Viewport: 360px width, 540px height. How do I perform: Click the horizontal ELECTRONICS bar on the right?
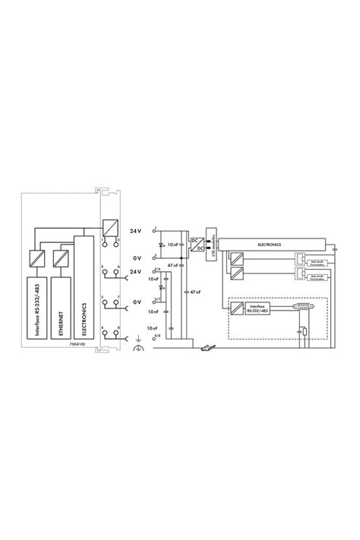(270, 245)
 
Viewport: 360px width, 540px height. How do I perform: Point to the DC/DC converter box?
(197, 244)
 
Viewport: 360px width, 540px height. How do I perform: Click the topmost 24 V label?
(136, 229)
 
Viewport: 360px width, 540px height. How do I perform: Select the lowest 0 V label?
(137, 302)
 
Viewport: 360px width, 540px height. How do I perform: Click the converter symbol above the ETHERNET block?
(59, 257)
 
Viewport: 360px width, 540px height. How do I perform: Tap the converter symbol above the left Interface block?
(35, 257)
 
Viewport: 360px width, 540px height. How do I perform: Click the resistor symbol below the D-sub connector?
(304, 332)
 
